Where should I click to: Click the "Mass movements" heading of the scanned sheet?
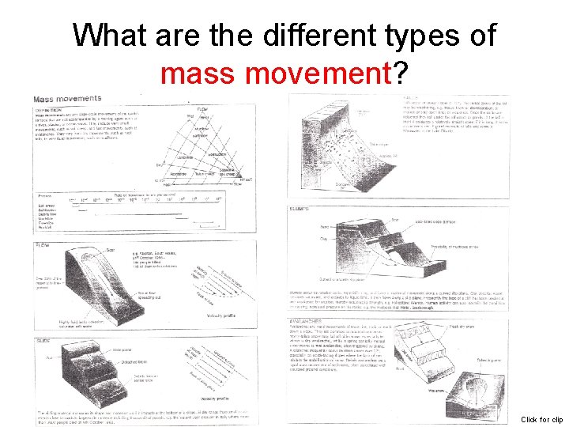68,100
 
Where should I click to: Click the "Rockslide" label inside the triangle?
177,173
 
